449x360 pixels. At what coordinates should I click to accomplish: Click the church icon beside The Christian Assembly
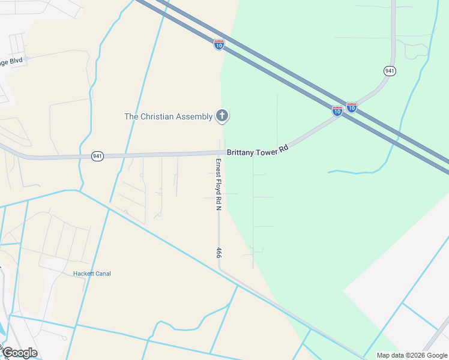coord(222,116)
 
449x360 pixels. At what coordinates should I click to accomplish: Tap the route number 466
coord(219,253)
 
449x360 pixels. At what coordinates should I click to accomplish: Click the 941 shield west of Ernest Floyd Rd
coord(98,156)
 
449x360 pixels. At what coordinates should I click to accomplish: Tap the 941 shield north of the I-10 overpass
coord(390,71)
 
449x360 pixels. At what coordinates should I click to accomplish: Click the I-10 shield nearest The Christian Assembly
coord(219,44)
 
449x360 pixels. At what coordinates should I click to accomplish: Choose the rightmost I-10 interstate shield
coord(352,107)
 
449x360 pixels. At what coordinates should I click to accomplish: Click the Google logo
coord(19,353)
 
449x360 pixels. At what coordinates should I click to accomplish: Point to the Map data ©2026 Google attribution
coord(412,355)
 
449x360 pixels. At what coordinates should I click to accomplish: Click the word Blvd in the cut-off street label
coord(16,61)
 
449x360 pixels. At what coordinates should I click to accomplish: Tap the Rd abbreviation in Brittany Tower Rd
coord(285,146)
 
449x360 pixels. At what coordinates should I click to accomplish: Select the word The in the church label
coord(131,116)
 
